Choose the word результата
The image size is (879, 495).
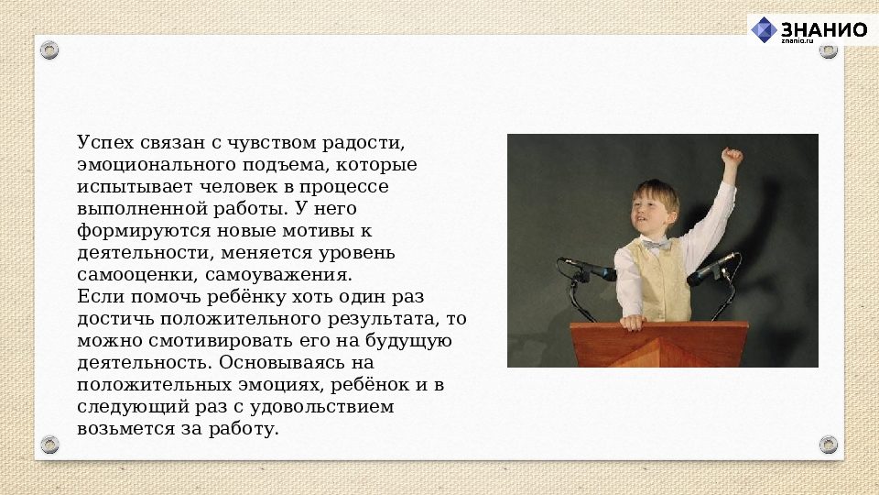click(382, 319)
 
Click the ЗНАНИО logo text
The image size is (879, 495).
click(823, 28)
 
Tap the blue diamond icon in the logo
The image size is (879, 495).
click(764, 29)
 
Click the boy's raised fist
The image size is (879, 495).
click(731, 157)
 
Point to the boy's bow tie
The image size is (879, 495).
click(655, 246)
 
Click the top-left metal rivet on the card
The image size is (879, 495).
click(49, 50)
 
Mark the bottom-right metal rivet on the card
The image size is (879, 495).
click(828, 445)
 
